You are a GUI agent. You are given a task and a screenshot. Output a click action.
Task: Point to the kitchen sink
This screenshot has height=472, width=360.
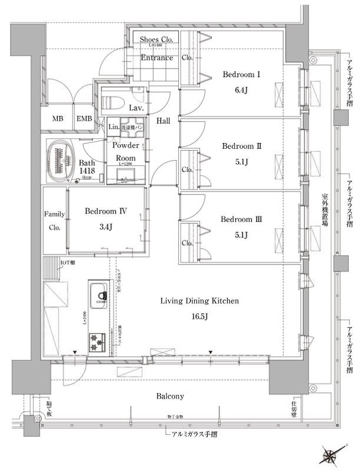(98, 292)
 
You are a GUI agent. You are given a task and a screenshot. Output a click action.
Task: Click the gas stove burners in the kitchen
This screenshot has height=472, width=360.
(97, 340)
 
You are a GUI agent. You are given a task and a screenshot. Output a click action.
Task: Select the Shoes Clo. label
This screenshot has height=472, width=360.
(156, 39)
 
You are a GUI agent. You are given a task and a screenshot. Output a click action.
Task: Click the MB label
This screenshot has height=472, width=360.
(57, 119)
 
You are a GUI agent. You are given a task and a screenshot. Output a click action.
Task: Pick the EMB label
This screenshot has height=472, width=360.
(84, 119)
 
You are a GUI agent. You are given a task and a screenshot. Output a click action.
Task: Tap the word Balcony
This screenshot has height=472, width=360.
(171, 396)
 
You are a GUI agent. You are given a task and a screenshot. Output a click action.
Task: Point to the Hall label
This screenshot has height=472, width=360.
(163, 121)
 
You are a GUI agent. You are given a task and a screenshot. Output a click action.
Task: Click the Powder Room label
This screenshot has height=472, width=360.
(125, 152)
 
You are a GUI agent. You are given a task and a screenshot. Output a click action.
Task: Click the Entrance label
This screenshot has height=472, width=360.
(156, 58)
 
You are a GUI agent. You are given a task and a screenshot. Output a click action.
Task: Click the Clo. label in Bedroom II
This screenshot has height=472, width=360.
(188, 170)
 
